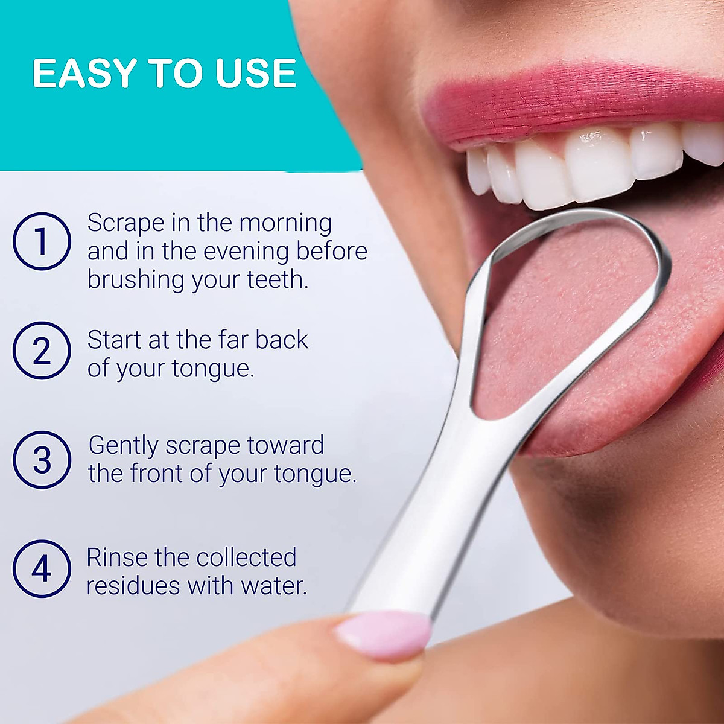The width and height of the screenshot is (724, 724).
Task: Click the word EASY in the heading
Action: [84, 74]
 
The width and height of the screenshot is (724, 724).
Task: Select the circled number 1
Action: [42, 241]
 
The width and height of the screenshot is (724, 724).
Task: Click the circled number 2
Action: [42, 351]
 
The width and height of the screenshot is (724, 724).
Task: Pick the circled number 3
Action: [42, 460]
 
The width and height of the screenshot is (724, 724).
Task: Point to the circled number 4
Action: [42, 569]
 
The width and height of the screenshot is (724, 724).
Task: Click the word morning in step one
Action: [285, 224]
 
